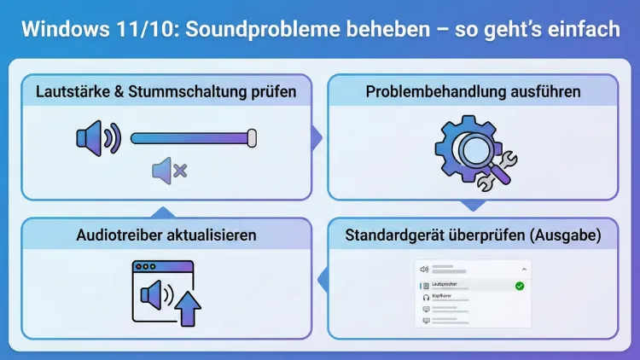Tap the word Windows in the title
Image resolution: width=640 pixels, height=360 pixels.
click(61, 30)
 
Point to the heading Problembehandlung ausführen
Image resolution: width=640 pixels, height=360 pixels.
click(473, 91)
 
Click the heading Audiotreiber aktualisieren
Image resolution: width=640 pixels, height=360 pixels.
click(166, 235)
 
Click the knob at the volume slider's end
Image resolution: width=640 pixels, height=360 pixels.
click(251, 137)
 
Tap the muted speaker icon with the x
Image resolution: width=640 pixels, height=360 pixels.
click(169, 171)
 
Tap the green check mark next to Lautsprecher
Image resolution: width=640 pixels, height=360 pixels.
click(519, 285)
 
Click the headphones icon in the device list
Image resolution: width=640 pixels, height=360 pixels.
click(425, 298)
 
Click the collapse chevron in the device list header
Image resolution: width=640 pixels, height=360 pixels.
click(523, 269)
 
